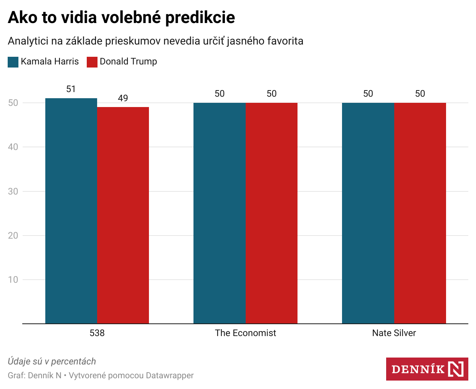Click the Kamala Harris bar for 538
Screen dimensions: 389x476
[71, 211]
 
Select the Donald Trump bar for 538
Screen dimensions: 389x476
[123, 215]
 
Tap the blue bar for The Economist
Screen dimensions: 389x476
[219, 213]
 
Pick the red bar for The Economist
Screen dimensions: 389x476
[271, 213]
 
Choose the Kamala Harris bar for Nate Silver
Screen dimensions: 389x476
[368, 213]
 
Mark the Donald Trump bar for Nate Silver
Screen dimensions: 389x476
[420, 213]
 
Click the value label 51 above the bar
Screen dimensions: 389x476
[71, 89]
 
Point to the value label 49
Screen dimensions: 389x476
[123, 98]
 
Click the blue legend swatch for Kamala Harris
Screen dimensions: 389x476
[13, 62]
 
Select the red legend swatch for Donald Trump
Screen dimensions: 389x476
[92, 62]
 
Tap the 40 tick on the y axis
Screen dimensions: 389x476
[13, 147]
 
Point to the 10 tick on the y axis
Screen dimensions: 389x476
[13, 280]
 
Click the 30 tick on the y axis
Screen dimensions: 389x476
[13, 191]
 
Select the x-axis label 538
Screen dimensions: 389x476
[97, 333]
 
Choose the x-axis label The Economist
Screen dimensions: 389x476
[245, 333]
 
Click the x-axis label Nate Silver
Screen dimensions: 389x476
[394, 333]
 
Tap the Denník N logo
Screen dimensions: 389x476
[427, 369]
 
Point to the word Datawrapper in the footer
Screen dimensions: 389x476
[170, 376]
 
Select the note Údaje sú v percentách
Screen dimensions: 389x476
[52, 361]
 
